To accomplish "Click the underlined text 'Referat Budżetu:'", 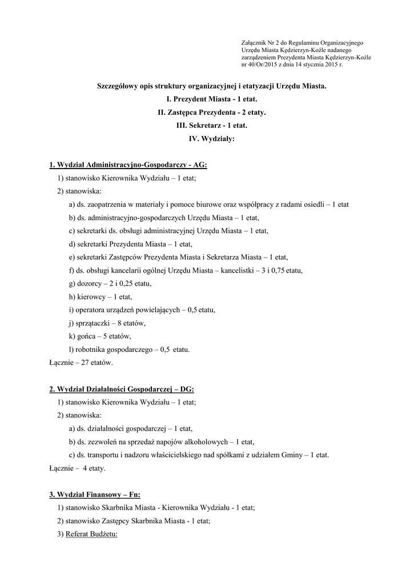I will [91, 534].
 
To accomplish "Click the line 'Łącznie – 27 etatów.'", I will [81, 362].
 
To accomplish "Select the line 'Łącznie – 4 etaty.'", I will [78, 468].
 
